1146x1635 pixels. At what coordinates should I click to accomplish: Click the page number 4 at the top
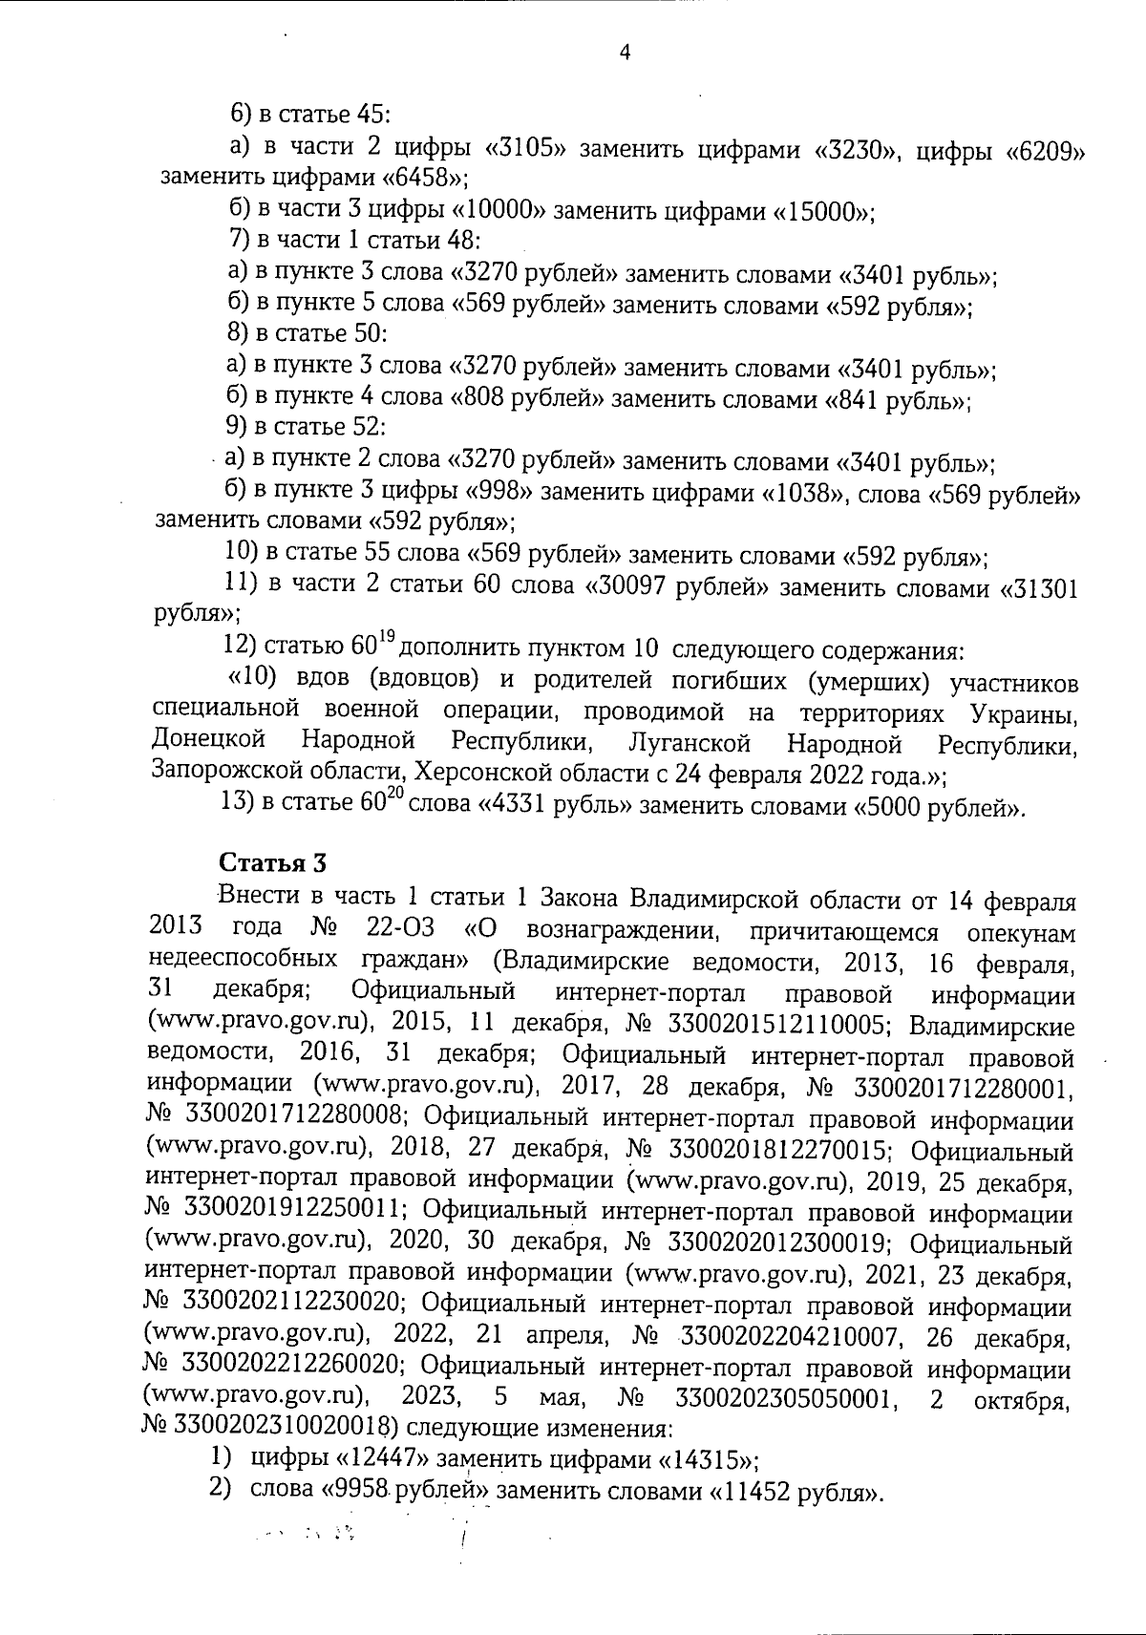[x=625, y=53]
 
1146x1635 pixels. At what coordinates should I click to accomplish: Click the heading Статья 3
[x=274, y=862]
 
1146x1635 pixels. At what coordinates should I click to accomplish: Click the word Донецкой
[x=208, y=742]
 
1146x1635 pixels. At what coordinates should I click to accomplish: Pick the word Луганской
[x=691, y=743]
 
